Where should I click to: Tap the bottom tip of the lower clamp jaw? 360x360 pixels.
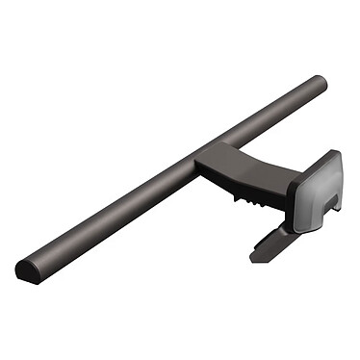254,258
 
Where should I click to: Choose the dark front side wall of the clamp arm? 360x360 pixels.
241,185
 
